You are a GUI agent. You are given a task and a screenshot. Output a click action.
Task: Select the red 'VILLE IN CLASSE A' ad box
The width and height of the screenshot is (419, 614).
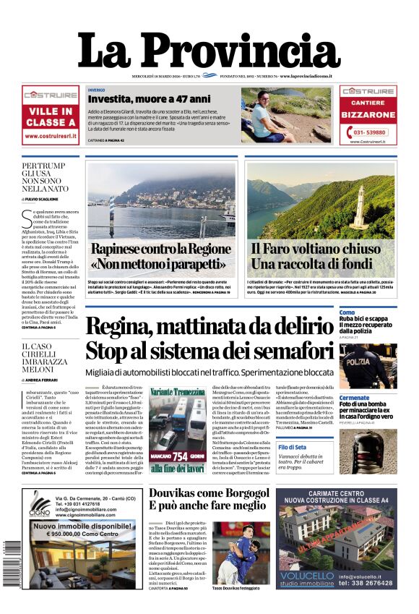(x=50, y=116)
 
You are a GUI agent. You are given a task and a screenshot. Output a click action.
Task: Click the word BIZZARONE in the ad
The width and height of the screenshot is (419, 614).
(x=368, y=115)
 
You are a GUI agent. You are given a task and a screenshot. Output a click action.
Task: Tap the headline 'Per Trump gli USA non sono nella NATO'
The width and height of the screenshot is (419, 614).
(x=45, y=177)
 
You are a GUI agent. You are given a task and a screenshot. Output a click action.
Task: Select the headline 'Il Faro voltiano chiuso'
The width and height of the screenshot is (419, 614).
(x=315, y=248)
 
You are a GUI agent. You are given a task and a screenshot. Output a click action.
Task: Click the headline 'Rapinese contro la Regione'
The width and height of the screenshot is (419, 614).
(x=160, y=248)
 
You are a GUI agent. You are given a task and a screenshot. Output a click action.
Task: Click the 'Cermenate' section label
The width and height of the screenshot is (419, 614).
(x=354, y=398)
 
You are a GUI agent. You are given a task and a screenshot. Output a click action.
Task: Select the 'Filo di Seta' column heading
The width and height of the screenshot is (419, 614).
(x=353, y=447)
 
